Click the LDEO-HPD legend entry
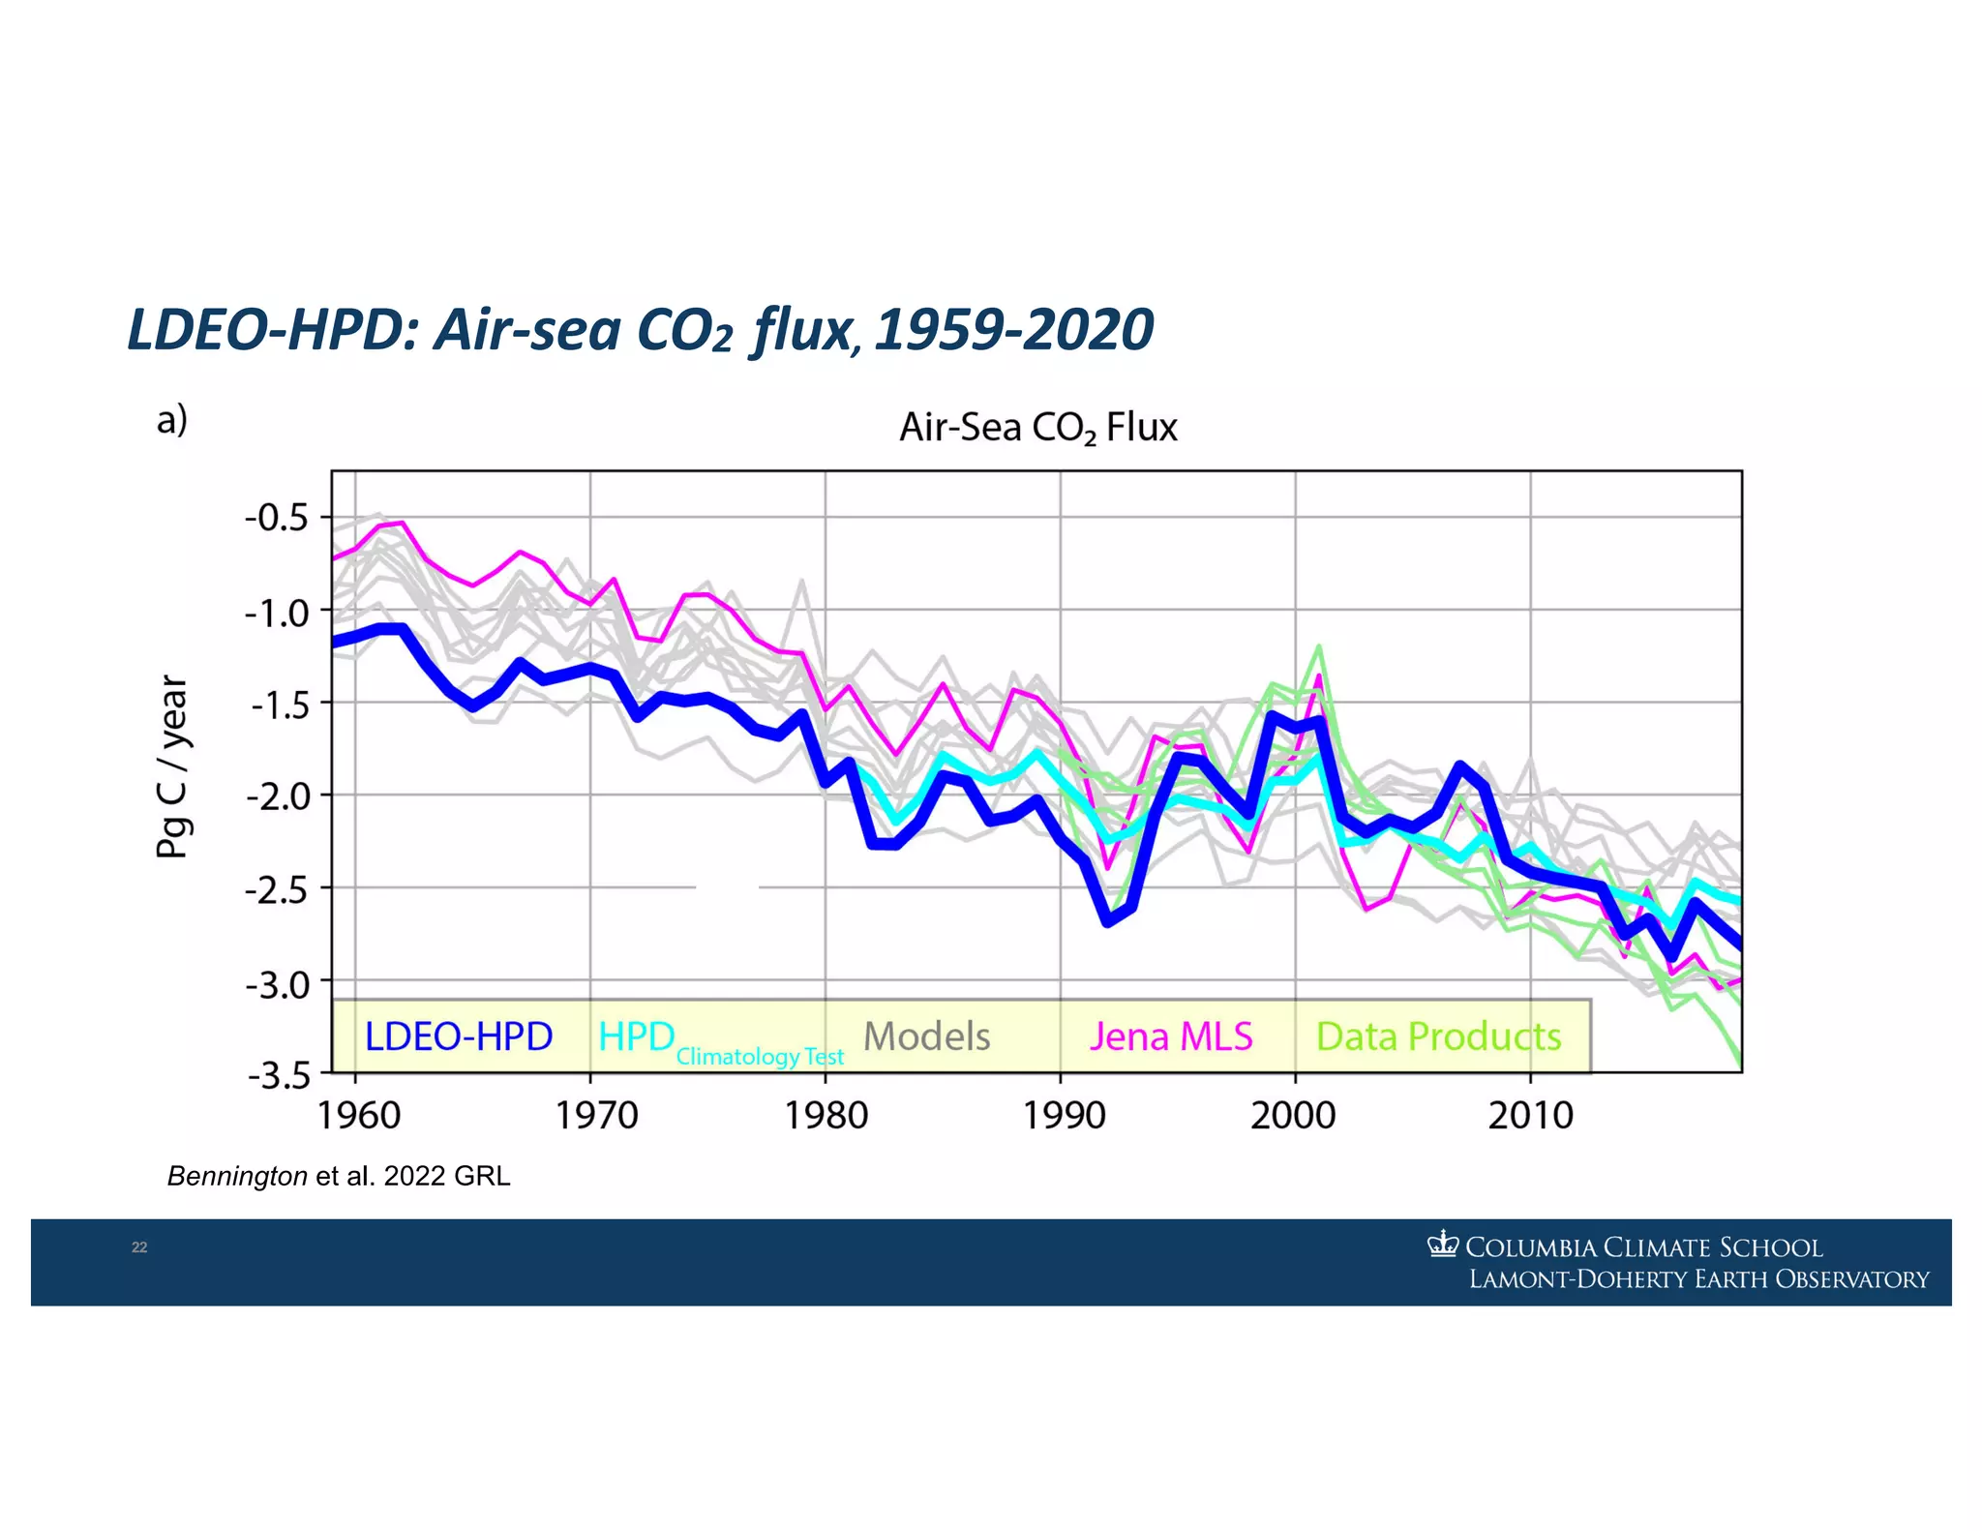(x=458, y=1036)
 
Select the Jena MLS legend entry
(x=1171, y=1036)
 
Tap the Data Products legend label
(x=1438, y=1036)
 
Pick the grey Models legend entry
(x=926, y=1036)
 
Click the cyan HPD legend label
(x=636, y=1036)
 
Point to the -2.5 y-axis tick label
(x=276, y=889)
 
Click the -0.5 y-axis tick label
(x=276, y=518)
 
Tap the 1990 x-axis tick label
(x=1064, y=1116)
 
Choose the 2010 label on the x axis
(x=1530, y=1116)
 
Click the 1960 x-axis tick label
(x=359, y=1116)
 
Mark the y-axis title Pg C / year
(x=173, y=766)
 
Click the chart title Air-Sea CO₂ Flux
(x=1037, y=427)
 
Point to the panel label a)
(x=172, y=420)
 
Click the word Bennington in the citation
(x=237, y=1176)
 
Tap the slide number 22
(x=139, y=1247)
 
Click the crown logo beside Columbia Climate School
(x=1442, y=1244)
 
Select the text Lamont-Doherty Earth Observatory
(x=1698, y=1279)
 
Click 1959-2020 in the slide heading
(x=1013, y=330)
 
